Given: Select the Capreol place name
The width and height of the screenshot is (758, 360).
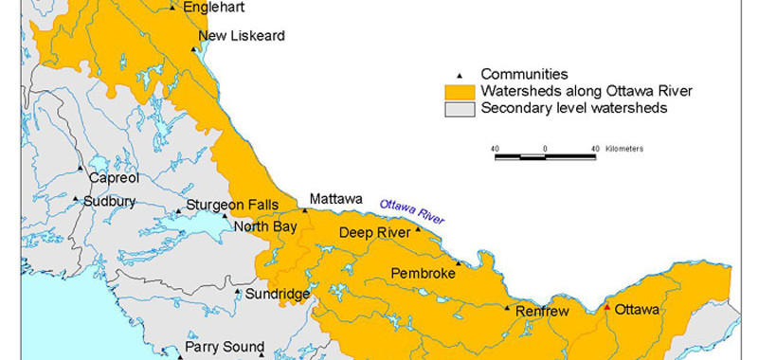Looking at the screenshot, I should click(114, 177).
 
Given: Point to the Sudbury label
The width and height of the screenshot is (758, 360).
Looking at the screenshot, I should click(111, 201).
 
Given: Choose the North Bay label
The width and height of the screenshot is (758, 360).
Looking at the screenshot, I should click(264, 225).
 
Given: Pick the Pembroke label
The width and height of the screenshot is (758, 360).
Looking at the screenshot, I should click(423, 274).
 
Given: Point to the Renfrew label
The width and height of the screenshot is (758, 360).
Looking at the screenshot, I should click(545, 309).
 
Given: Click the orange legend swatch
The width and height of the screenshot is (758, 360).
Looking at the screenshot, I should click(460, 92).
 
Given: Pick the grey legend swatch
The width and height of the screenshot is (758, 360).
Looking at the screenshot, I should click(460, 109).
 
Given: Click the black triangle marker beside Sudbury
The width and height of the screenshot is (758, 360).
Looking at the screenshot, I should click(77, 199).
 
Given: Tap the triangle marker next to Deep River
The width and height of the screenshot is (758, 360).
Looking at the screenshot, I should click(418, 230).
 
